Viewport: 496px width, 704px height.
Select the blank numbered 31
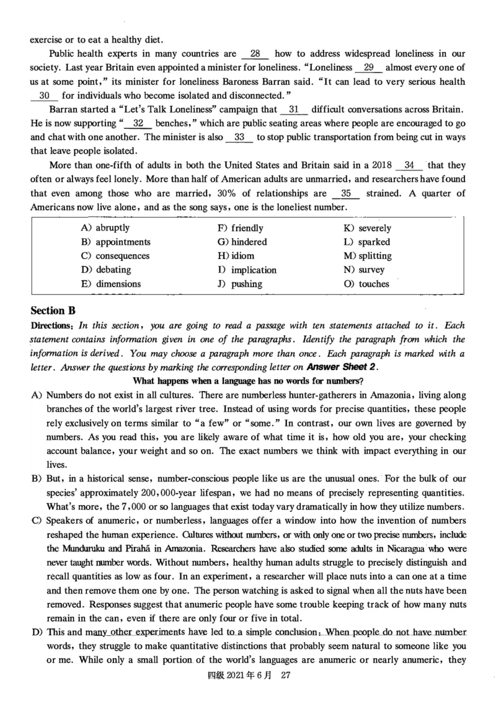click(x=294, y=109)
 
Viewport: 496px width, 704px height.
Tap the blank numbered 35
click(x=346, y=193)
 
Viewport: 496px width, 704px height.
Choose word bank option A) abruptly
click(x=105, y=227)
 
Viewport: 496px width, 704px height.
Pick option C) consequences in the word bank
click(x=115, y=256)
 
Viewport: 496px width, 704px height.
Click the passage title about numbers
click(x=248, y=381)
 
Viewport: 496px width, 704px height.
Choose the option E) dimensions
click(x=111, y=284)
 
